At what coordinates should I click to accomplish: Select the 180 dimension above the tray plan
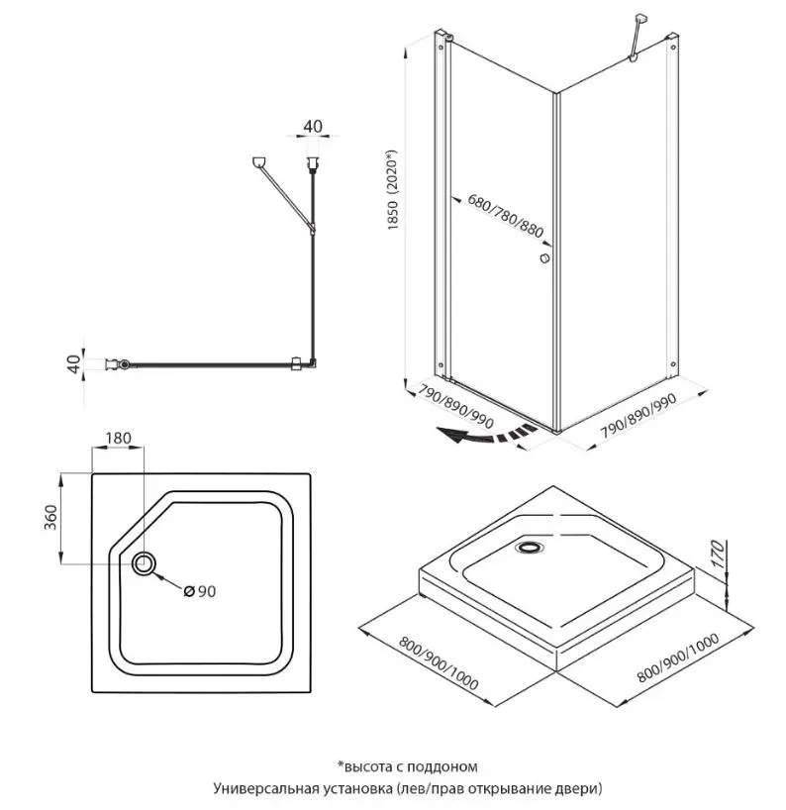pyautogui.click(x=118, y=438)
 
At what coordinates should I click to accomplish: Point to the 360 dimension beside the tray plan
pyautogui.click(x=51, y=518)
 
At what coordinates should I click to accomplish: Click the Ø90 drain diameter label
pyautogui.click(x=200, y=592)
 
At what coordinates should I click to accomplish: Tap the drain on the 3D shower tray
pyautogui.click(x=532, y=546)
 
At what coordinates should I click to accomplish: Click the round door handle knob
pyautogui.click(x=543, y=258)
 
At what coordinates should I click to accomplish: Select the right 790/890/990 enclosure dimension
pyautogui.click(x=639, y=417)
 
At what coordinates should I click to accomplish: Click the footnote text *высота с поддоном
pyautogui.click(x=407, y=765)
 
